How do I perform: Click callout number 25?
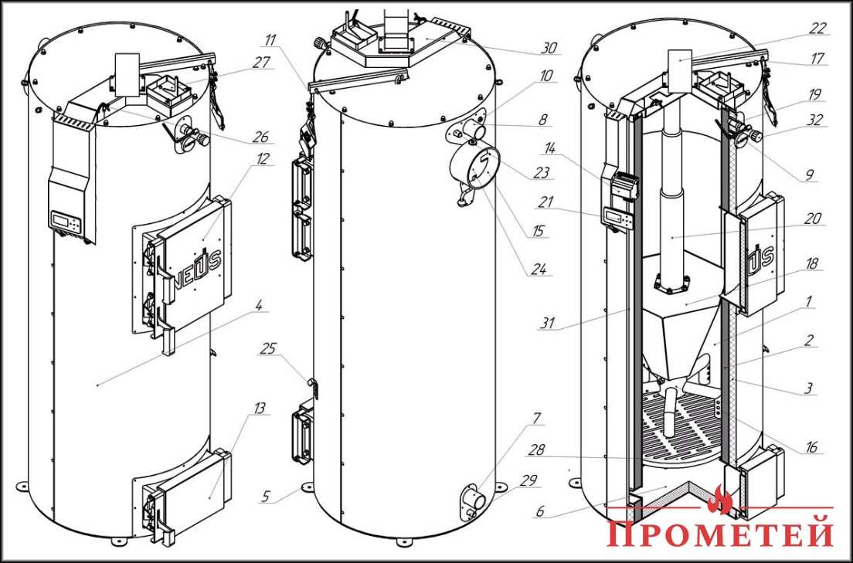click(267, 349)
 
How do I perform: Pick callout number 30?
click(549, 48)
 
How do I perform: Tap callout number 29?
click(529, 480)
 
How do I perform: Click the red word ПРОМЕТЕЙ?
click(721, 534)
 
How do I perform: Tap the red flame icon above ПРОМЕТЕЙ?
click(720, 500)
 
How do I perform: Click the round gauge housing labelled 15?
click(473, 171)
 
